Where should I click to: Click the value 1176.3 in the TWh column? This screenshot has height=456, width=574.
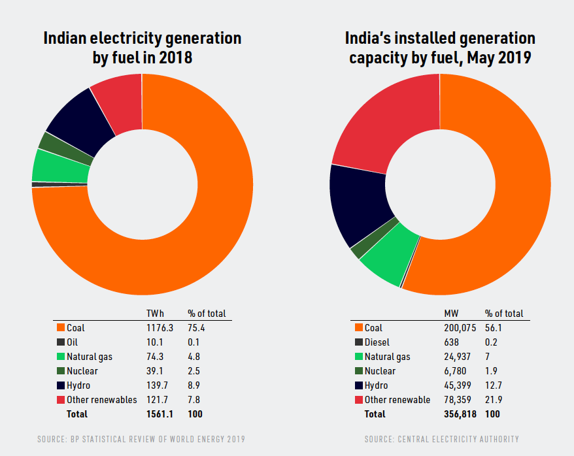point(160,328)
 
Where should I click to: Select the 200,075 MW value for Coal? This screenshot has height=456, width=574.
point(460,328)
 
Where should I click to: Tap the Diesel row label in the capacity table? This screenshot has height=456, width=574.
point(379,342)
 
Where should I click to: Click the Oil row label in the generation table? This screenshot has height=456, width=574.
point(73,342)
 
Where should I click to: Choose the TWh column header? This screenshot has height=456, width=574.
point(156,314)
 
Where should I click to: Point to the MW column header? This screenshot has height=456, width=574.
point(452,314)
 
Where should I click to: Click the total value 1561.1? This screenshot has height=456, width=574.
point(160,414)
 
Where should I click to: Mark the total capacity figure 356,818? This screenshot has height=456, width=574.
point(460,414)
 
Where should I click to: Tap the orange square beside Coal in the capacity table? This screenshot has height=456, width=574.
point(358,328)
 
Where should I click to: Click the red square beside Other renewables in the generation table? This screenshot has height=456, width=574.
point(61,399)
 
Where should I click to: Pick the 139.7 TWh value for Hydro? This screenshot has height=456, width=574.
point(158,385)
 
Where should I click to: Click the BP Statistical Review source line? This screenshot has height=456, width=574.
point(141,439)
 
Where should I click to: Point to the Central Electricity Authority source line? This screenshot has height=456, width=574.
point(442,439)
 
